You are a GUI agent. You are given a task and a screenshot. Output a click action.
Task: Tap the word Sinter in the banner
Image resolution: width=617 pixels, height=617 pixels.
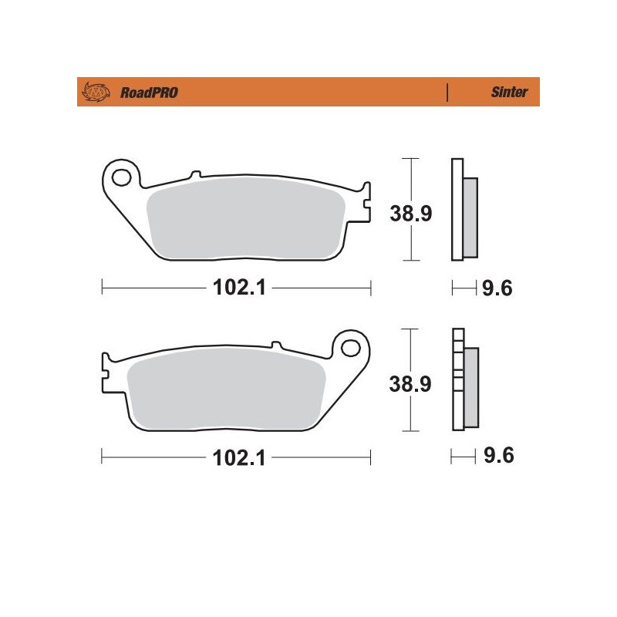click(509, 93)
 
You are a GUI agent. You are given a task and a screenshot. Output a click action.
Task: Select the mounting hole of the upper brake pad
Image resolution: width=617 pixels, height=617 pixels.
click(121, 177)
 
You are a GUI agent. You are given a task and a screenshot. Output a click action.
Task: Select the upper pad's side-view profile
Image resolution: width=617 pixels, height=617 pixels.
click(464, 210)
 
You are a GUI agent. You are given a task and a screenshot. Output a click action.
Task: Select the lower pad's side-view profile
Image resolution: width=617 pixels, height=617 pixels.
click(464, 379)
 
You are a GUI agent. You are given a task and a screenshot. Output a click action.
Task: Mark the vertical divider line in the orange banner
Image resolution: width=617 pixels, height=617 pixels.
click(448, 93)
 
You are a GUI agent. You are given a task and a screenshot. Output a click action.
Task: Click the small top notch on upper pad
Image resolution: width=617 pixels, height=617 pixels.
click(195, 174)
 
